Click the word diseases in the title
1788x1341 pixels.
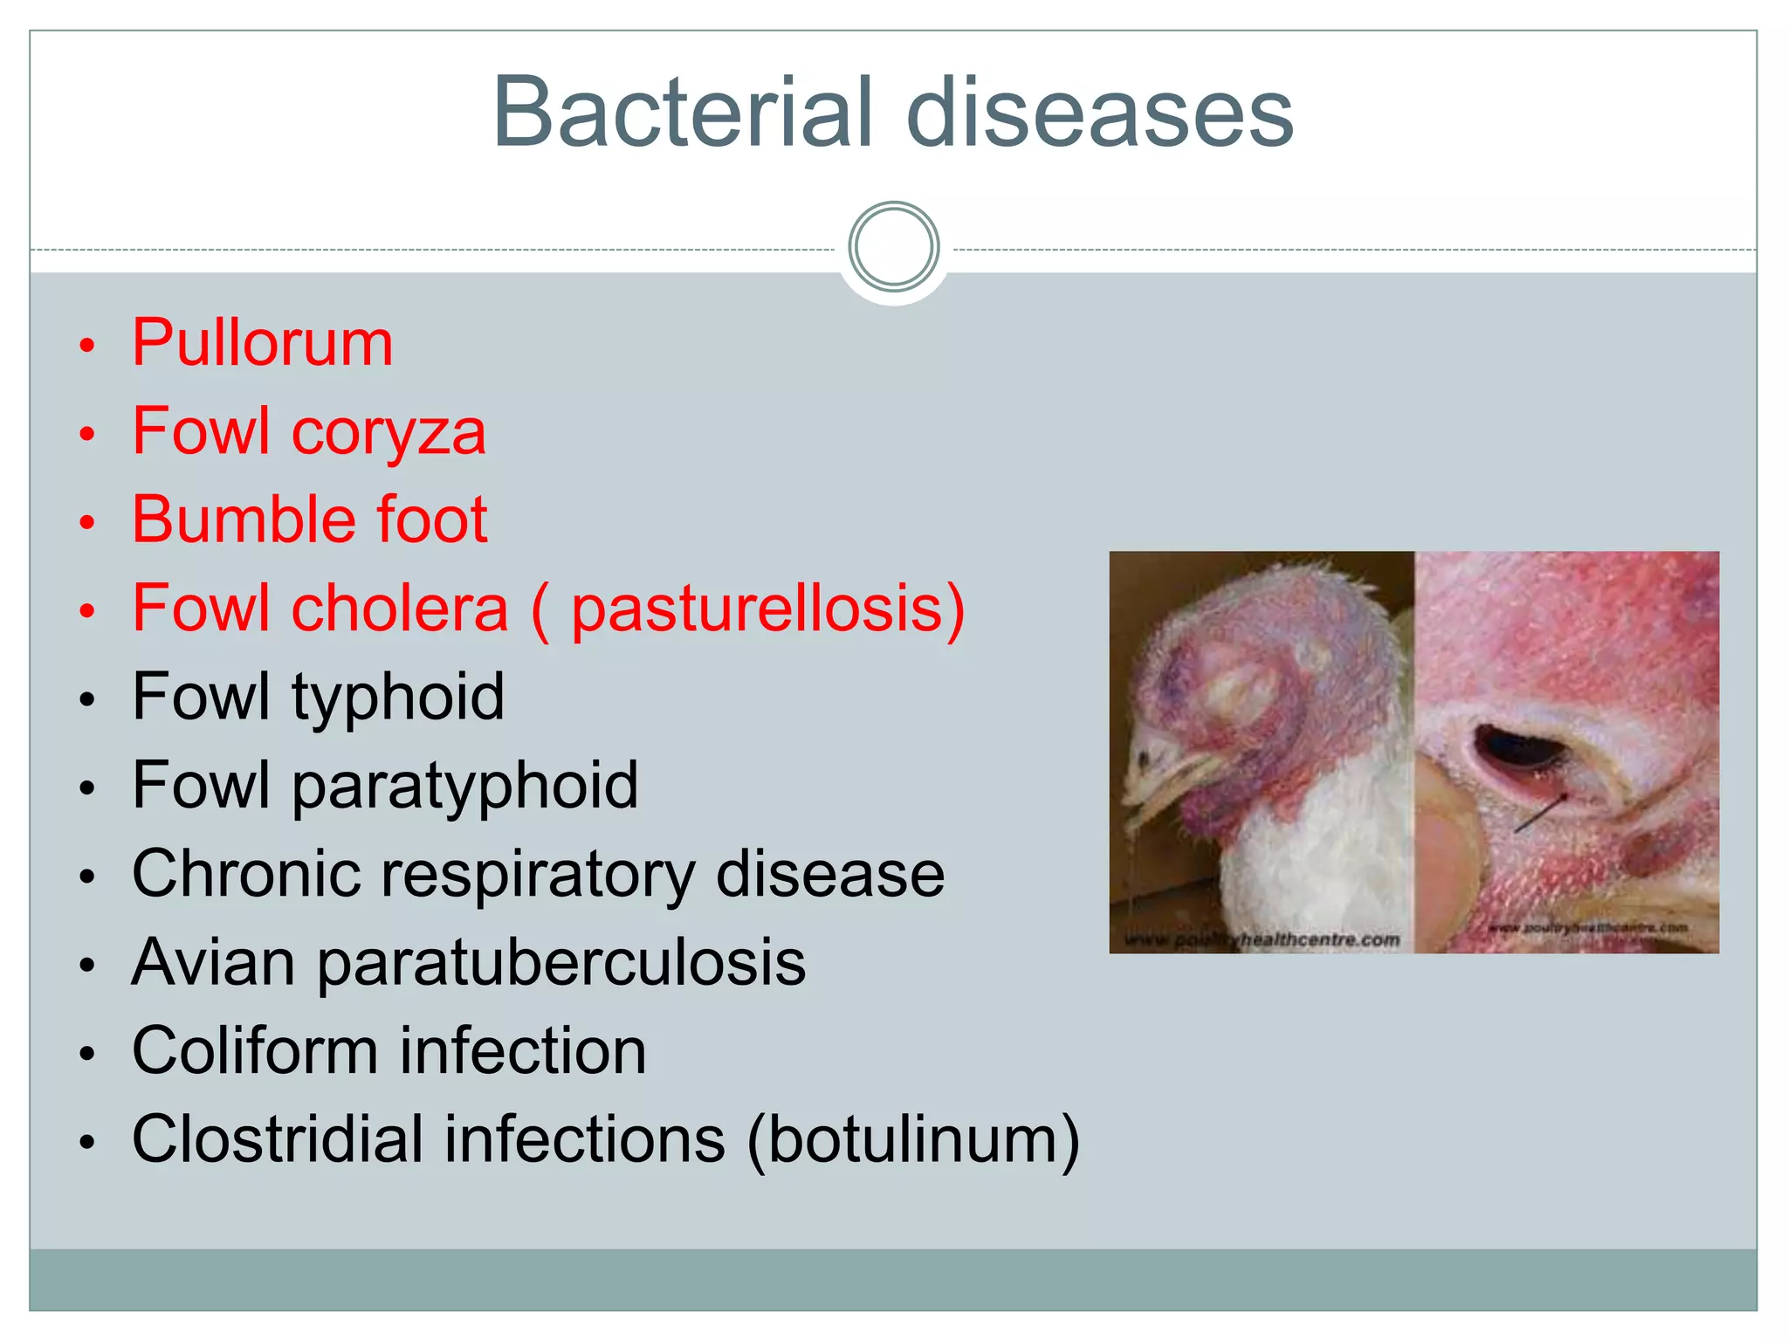coord(1100,113)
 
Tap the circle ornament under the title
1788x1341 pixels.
coord(893,247)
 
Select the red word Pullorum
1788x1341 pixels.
coord(263,343)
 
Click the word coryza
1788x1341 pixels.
coord(389,433)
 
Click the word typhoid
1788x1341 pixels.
coord(397,698)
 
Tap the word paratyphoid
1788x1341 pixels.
coord(464,786)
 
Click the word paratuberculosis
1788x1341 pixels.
coord(560,963)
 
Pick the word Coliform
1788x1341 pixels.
coord(254,1051)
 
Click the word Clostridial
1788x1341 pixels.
coord(278,1140)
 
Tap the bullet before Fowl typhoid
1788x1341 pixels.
coord(86,700)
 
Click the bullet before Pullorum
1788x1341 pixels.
coord(86,346)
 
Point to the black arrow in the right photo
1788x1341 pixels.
coord(1541,812)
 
